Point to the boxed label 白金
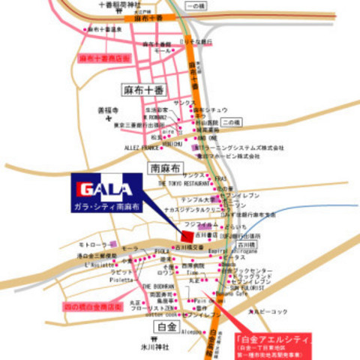click(166, 328)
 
